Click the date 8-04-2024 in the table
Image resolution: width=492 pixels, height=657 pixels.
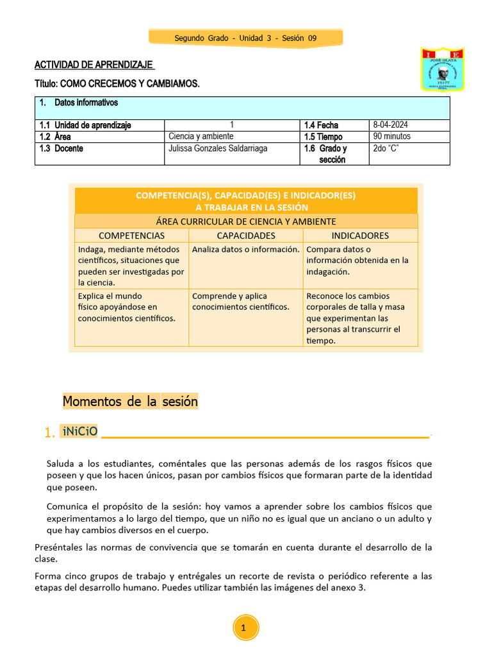[390, 125]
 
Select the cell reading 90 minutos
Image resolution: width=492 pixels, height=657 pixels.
[392, 137]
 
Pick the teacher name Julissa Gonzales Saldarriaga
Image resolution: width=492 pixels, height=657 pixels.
[218, 149]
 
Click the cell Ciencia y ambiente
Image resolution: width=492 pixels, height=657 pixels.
[201, 137]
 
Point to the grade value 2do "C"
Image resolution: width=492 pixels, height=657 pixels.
[386, 149]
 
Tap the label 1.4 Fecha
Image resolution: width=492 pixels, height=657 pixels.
[321, 125]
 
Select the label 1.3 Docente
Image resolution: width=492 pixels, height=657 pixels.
[61, 149]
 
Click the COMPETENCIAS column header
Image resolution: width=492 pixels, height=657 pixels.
[131, 235]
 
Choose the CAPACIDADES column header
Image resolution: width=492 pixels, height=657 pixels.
[246, 235]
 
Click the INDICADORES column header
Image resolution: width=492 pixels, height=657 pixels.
[360, 235]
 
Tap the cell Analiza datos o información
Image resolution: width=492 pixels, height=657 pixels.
[246, 250]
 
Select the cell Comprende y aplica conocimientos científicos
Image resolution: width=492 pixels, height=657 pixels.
[241, 302]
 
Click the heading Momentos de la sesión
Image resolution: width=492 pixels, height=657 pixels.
[130, 402]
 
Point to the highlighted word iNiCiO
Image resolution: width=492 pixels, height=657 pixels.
[80, 432]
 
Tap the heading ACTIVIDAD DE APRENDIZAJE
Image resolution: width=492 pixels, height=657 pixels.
[94, 65]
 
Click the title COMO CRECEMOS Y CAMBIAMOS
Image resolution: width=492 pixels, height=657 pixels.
[117, 84]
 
